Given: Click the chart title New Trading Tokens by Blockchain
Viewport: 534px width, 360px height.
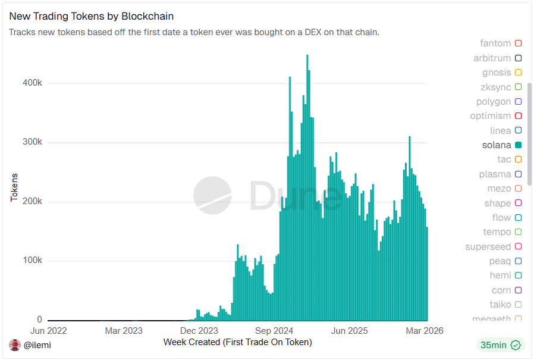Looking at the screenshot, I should [92, 16].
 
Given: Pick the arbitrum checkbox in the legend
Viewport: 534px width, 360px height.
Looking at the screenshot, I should [518, 58].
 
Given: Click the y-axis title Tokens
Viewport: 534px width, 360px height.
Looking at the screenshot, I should [14, 187].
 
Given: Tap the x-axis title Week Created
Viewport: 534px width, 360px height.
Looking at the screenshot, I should [237, 342].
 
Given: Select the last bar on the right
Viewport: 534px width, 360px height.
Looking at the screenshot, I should [427, 274].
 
